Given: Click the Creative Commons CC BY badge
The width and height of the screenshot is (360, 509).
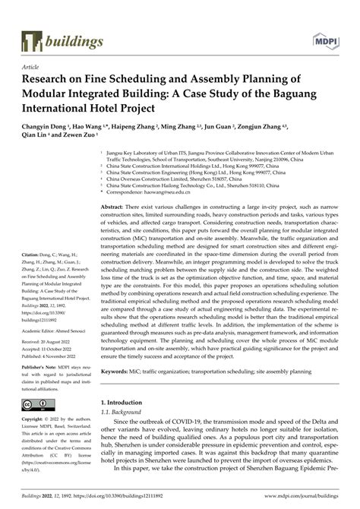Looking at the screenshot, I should pos(37,404).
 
